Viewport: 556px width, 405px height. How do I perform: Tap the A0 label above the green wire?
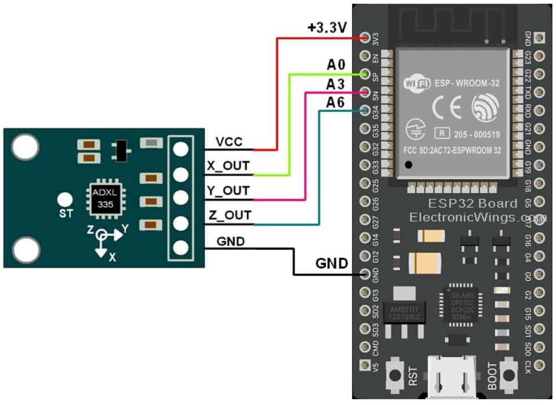(x=335, y=64)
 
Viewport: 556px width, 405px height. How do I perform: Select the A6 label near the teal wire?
(x=335, y=103)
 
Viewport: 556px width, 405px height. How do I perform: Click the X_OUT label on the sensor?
(x=229, y=166)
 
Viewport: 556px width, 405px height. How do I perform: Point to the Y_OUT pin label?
(x=229, y=191)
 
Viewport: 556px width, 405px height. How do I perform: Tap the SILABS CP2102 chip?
(x=463, y=302)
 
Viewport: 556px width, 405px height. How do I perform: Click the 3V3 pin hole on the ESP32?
(x=366, y=38)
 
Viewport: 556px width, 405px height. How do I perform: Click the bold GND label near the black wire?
(x=332, y=264)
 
